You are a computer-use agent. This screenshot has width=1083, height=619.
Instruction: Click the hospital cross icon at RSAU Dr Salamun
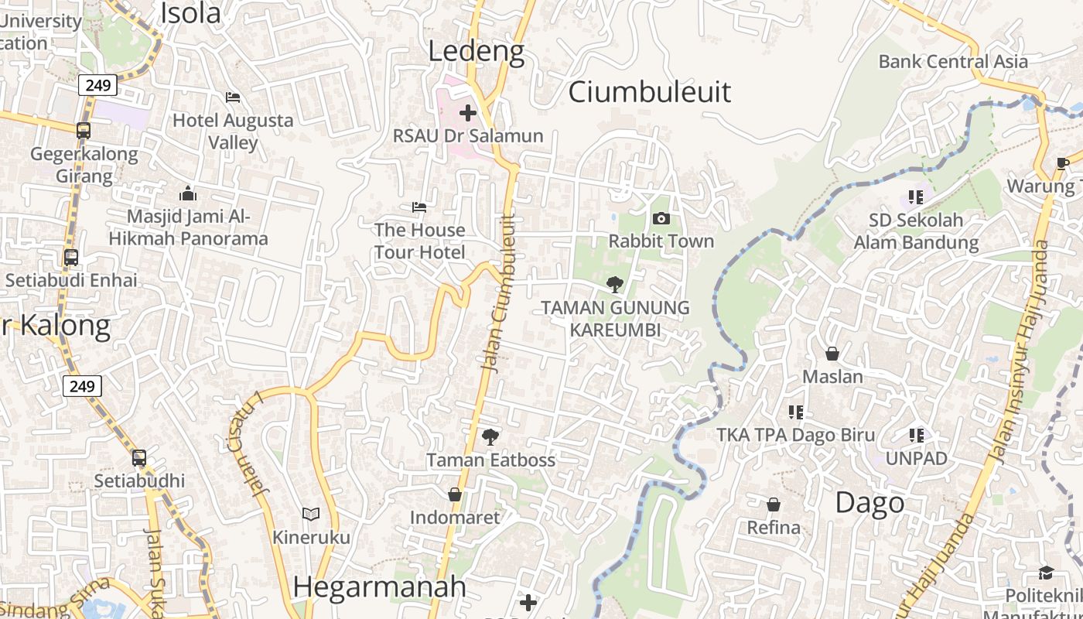tap(467, 113)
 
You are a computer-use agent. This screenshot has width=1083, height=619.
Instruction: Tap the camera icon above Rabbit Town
tap(661, 219)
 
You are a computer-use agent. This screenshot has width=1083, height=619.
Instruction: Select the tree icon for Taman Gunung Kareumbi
tap(615, 285)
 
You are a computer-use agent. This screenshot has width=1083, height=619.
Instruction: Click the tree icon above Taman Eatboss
tap(490, 437)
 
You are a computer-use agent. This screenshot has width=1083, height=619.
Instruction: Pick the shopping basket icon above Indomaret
tap(455, 494)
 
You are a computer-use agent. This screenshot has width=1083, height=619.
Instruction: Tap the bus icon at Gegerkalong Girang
tap(84, 131)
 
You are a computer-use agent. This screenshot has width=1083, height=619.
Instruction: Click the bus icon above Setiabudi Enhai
tap(71, 257)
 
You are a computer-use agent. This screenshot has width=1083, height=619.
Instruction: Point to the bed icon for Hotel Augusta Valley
tap(232, 97)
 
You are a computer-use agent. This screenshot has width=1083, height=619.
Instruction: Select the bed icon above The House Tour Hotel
tap(419, 207)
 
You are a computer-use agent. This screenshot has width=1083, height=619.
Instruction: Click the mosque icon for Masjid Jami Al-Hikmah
tap(187, 193)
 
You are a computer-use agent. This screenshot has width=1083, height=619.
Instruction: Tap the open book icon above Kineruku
tap(310, 514)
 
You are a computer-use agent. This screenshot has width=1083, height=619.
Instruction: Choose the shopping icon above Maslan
tap(832, 354)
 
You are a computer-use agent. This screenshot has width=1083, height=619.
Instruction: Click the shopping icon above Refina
tap(773, 505)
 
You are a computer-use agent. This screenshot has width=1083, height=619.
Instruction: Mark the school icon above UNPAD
tap(917, 436)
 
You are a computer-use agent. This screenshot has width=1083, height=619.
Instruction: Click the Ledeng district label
tap(477, 52)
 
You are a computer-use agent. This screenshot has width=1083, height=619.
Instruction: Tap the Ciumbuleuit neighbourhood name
tap(650, 91)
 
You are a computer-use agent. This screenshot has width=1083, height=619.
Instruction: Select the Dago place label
tap(869, 503)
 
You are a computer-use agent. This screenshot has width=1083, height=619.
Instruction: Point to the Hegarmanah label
tap(380, 587)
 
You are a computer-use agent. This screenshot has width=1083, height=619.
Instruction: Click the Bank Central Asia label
tap(953, 62)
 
